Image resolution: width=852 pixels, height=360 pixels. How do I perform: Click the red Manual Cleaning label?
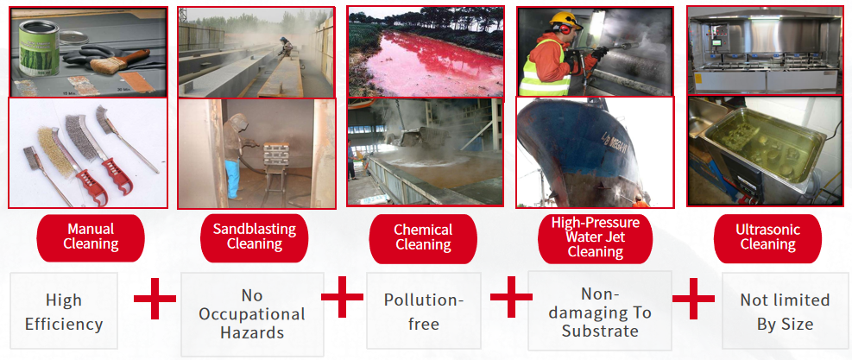pos(91,236)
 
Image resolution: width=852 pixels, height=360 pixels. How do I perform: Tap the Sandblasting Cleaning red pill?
pos(254,236)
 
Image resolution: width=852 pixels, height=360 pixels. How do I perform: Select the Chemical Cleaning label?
pos(422,237)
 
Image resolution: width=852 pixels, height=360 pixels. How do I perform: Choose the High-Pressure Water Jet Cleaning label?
pos(595,237)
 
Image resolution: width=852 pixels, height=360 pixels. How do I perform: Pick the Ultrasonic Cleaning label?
pos(767,237)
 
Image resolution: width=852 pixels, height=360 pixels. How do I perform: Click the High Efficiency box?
pos(64,312)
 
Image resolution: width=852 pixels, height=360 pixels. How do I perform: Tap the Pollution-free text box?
pos(424,312)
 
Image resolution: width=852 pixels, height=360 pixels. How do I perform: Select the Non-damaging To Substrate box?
pos(599,312)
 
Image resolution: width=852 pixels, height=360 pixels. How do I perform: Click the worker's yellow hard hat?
pos(566,18)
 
